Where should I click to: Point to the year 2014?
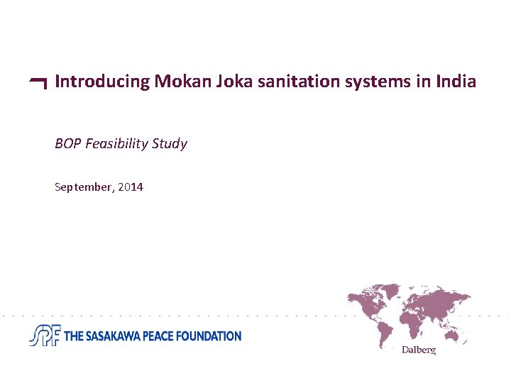131,187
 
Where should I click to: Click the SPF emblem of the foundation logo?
45,335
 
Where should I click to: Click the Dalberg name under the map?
418,350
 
